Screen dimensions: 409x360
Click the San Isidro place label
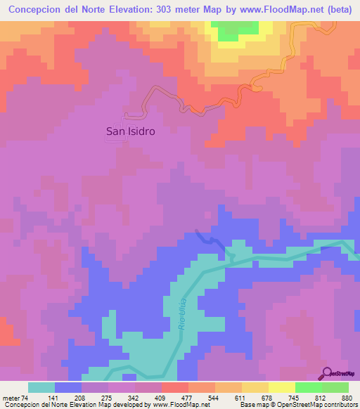click(130, 131)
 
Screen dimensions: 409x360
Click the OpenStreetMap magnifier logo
click(327, 374)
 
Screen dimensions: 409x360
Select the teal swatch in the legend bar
click(41, 387)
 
